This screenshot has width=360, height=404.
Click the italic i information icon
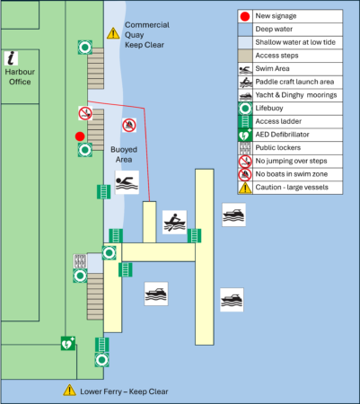[11, 58]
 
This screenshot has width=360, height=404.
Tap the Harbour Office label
[20, 77]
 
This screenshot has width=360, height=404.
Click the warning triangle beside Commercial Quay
[113, 33]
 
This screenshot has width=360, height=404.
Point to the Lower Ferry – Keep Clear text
[124, 391]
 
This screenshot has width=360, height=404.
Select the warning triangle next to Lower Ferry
[69, 391]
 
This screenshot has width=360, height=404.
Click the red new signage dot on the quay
[80, 136]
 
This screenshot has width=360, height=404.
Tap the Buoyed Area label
[124, 154]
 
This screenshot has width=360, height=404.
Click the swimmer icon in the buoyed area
[127, 182]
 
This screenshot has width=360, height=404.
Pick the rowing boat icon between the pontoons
[174, 222]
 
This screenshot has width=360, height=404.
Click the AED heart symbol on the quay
[68, 343]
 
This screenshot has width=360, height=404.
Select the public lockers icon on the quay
[80, 261]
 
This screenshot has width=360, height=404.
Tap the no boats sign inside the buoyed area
[129, 125]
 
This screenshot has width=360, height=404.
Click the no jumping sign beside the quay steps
[85, 113]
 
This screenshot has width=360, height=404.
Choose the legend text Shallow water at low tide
[295, 42]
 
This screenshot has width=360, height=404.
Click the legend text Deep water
[274, 29]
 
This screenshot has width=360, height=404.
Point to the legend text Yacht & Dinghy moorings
[296, 95]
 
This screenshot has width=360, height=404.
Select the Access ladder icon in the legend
[245, 121]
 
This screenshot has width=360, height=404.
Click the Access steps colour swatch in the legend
[245, 56]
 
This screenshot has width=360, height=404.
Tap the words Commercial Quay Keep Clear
[147, 35]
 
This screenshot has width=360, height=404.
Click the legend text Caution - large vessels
[292, 188]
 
